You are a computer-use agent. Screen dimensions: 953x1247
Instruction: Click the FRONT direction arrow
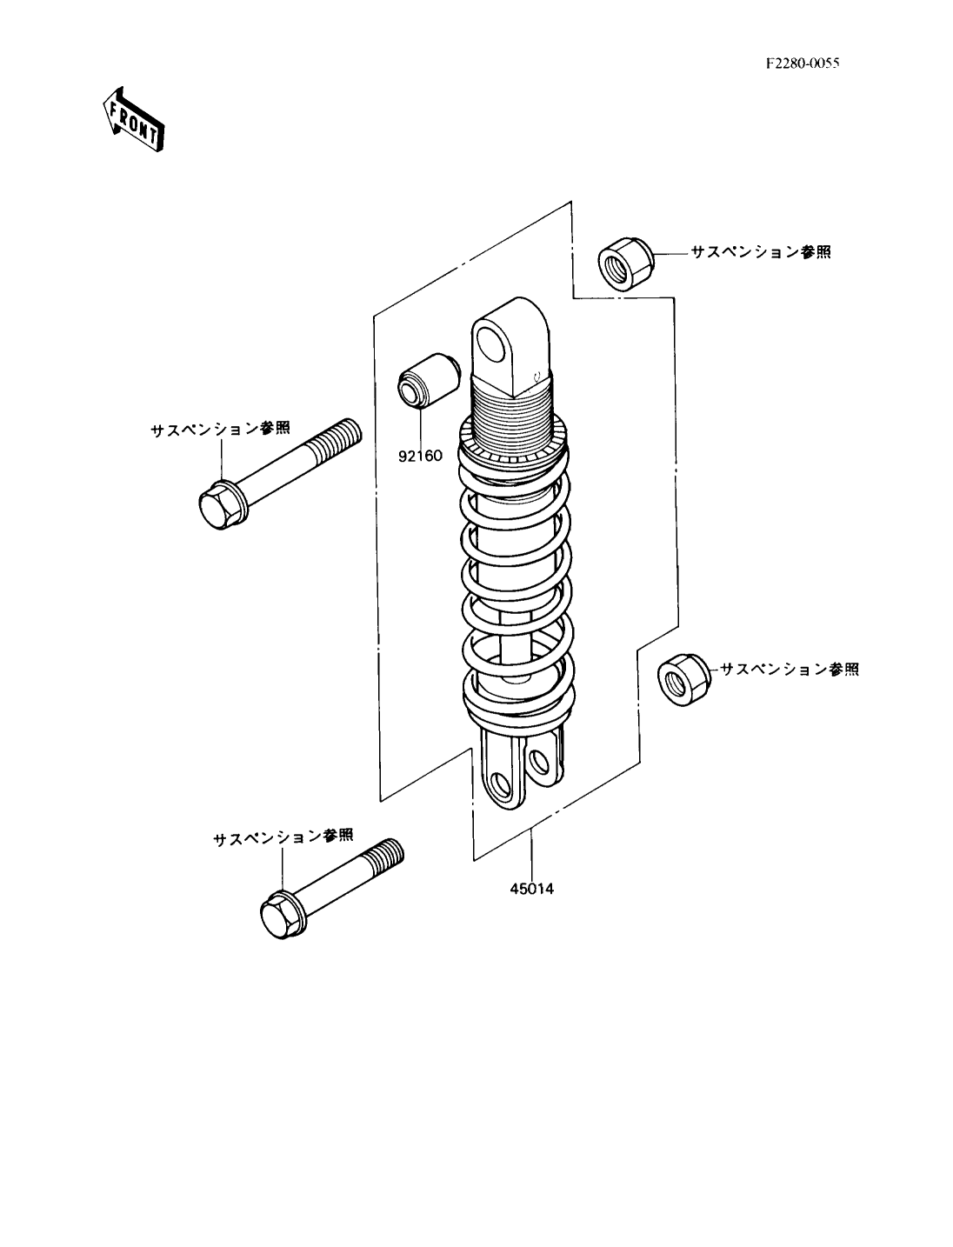pyautogui.click(x=134, y=120)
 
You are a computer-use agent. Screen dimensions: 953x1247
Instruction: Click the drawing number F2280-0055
pyautogui.click(x=802, y=63)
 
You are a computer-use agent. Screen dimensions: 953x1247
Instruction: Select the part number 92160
pyautogui.click(x=420, y=456)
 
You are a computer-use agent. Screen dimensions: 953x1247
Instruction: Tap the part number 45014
pyautogui.click(x=531, y=889)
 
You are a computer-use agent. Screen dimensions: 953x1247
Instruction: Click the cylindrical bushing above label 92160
pyautogui.click(x=429, y=380)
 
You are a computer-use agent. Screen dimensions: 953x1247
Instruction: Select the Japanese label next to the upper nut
pyautogui.click(x=761, y=251)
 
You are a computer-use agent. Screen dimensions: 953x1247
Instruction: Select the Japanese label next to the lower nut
pyautogui.click(x=790, y=670)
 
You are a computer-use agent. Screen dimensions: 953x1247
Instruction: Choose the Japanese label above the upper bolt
pyautogui.click(x=220, y=429)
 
